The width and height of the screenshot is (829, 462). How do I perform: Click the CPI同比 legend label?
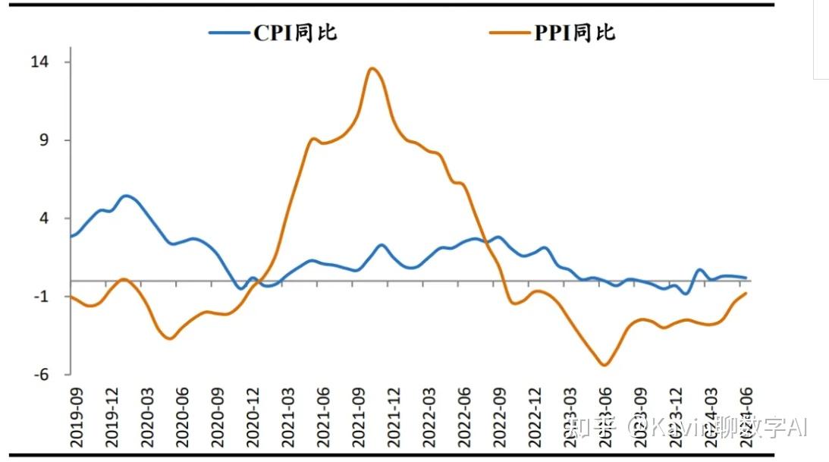295,33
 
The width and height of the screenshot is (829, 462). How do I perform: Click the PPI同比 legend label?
574,33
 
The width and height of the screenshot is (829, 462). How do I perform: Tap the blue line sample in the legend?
230,33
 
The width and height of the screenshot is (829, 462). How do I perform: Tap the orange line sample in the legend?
509,33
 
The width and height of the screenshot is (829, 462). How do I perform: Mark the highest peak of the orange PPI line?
372,68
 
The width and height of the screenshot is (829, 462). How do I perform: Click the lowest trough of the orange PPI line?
604,365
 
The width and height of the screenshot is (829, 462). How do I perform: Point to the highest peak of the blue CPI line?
126,196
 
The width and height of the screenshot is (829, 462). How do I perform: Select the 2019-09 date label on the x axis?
75,409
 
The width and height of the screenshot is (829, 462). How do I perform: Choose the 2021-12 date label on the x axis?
394,409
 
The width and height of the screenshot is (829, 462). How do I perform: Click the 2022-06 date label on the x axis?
464,409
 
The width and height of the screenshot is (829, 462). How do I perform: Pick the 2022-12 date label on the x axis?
535,409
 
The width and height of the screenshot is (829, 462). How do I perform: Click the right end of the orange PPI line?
747,293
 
